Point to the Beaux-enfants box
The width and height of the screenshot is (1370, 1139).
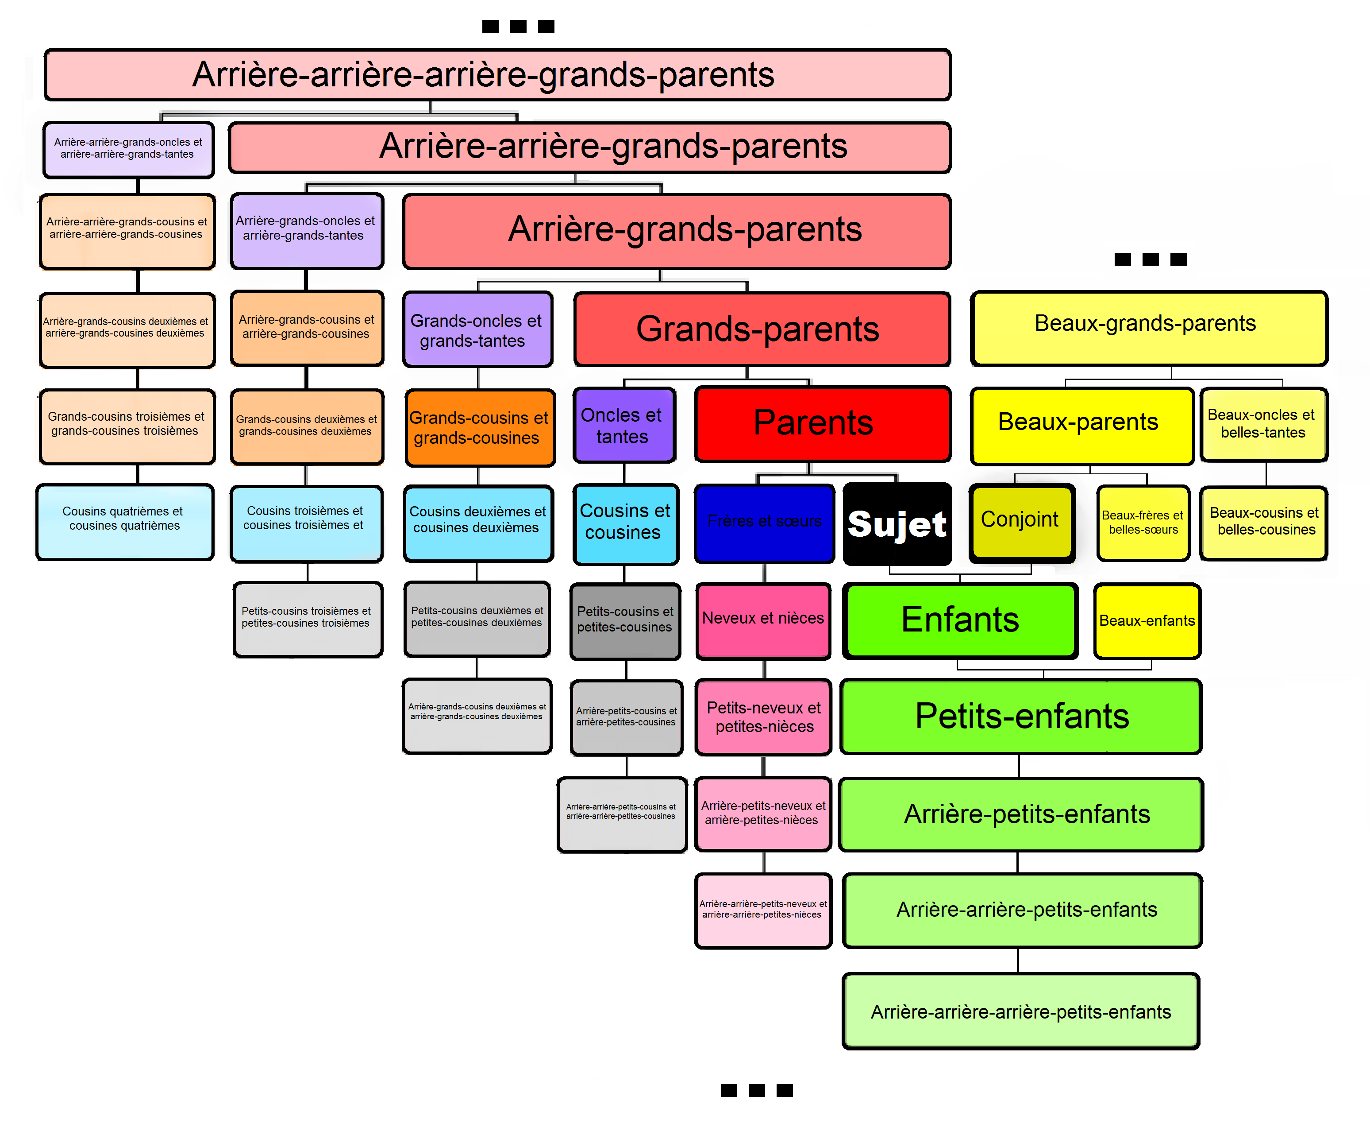tap(1147, 621)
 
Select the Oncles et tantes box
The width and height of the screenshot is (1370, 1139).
tap(624, 425)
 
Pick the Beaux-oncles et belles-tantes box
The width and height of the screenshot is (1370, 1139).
tap(1264, 424)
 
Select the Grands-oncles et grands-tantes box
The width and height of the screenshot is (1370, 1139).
tap(477, 329)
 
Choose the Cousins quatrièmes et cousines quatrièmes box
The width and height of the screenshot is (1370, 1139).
tap(125, 522)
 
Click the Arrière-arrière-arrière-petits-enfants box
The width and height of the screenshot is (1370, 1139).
tap(1021, 1011)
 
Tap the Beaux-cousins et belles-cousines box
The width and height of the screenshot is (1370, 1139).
tap(1264, 523)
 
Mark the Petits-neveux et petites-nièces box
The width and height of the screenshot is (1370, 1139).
tap(763, 717)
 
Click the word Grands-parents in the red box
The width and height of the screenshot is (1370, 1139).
tap(758, 329)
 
